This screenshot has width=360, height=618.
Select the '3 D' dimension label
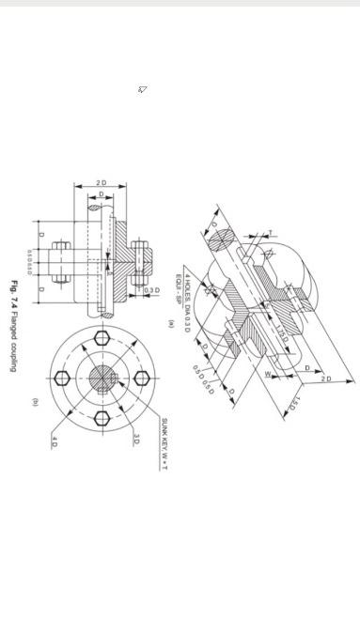(x=136, y=440)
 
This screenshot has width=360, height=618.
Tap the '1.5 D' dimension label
(x=292, y=405)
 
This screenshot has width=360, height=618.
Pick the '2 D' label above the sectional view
(x=101, y=182)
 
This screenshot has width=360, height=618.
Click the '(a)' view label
(x=171, y=323)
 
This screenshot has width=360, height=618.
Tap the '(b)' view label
(x=35, y=402)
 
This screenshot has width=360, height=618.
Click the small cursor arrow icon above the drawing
(x=143, y=89)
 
